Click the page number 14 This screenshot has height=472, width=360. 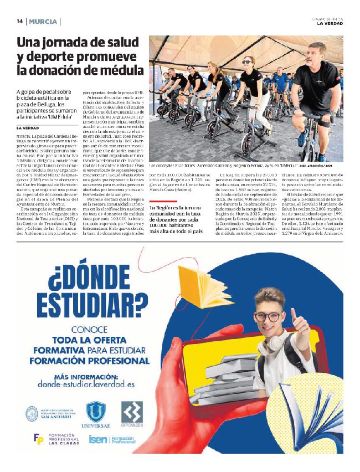point(19,22)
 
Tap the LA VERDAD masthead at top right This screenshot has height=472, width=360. point(330,23)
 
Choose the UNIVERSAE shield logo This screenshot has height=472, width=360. point(96,413)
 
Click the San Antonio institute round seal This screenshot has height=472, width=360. point(33,413)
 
